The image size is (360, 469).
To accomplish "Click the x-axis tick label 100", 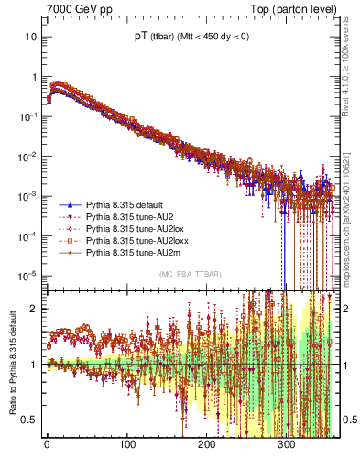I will (126, 444).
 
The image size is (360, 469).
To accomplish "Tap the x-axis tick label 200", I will (206, 444).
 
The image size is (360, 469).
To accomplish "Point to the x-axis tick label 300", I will (287, 444).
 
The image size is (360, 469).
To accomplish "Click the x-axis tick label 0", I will (47, 444).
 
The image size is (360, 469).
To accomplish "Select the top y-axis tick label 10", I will (30, 37).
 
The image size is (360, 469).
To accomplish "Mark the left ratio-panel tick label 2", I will (33, 309).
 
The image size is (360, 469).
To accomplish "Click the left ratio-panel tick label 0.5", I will (29, 420).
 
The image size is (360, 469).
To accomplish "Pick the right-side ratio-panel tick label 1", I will (344, 365).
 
